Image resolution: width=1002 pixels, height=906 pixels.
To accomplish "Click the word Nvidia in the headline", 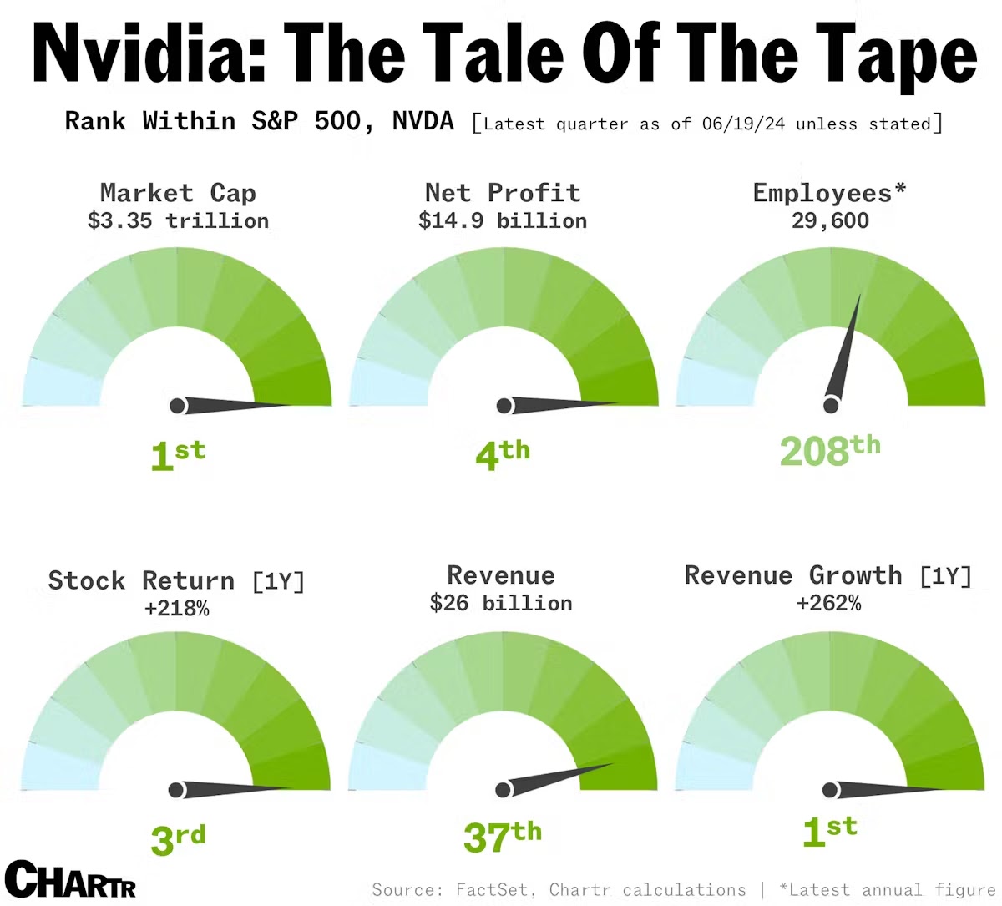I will point(139,52).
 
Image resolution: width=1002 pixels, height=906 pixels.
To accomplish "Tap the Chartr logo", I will point(70,879).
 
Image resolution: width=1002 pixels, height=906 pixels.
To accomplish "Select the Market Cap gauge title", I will point(178,193).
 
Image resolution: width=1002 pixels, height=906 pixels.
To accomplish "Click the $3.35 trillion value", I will point(178,221).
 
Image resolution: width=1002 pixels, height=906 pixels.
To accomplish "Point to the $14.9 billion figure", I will point(503,221).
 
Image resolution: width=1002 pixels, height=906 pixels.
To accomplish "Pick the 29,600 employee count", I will point(830,221).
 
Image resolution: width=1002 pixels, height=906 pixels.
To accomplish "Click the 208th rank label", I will point(830,450).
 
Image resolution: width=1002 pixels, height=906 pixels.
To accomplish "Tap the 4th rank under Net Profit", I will point(503,453).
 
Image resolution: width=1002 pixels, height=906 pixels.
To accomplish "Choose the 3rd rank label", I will point(178,838).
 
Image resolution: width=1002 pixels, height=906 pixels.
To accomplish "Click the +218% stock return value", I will point(176,609).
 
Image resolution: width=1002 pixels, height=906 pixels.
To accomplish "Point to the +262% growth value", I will point(828,603).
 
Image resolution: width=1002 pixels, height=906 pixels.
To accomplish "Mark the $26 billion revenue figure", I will point(501,603).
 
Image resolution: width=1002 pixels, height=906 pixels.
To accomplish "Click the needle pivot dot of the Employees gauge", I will point(831,406).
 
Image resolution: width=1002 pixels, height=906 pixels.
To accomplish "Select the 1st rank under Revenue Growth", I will point(829,831).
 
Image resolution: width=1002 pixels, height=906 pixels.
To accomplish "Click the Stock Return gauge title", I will point(176,580).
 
